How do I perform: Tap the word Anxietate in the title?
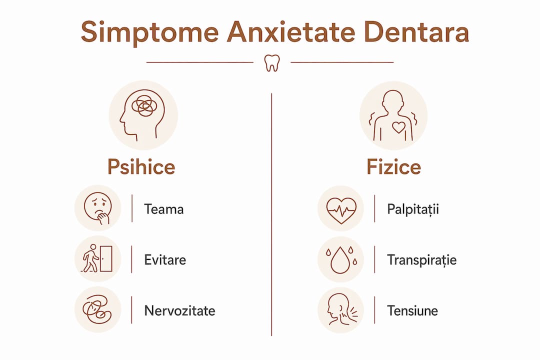pos(291,31)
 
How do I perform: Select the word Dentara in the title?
pos(416,31)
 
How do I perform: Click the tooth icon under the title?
pos(272,63)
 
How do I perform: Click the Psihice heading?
pos(141,167)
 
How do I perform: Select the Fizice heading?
pos(393,167)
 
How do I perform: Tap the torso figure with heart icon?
pos(393,115)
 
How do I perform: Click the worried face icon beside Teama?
pos(98,208)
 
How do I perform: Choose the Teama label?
pos(164,209)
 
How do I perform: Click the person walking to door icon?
pos(97,258)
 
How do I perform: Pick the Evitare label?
pos(165,260)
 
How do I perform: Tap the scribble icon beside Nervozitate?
pos(97,309)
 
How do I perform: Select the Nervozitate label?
pos(180,310)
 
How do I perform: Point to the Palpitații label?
pos(413,209)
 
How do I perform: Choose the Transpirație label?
pos(422,260)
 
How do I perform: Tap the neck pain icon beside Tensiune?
pos(341,309)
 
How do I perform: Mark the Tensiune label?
pos(412,310)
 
